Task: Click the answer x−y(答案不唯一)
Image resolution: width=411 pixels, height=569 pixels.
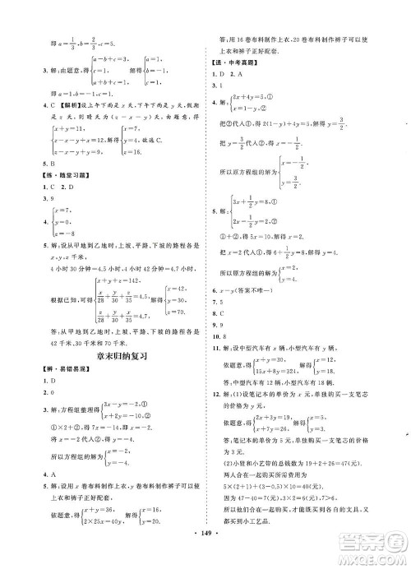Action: click(x=246, y=292)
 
